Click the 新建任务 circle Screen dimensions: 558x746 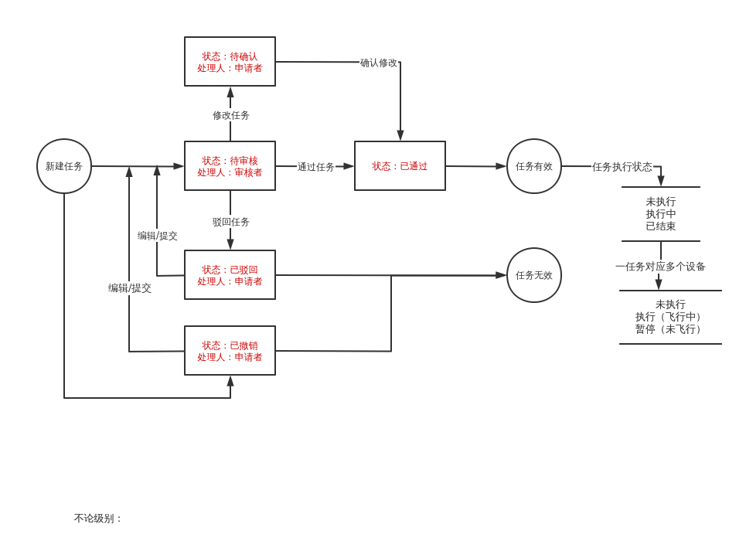point(64,166)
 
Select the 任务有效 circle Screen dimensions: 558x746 point(534,166)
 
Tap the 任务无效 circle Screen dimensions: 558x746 point(534,275)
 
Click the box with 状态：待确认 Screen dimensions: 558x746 point(230,62)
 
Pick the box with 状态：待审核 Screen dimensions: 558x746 point(230,166)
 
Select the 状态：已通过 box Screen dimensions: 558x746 point(400,166)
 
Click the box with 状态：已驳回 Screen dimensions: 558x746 point(230,275)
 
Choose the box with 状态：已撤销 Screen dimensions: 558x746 point(230,351)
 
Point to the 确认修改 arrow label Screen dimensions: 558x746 point(379,63)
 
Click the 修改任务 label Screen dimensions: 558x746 point(231,115)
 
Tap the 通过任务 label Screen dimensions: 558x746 point(316,167)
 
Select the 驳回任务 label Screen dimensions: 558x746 point(231,222)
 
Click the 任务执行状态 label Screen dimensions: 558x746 point(622,167)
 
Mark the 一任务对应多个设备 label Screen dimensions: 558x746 point(660,267)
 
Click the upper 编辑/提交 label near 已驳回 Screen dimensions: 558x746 point(158,236)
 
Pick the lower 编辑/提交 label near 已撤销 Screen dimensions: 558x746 point(130,288)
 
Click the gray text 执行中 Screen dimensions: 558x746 point(661,214)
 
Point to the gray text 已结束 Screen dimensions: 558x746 point(661,226)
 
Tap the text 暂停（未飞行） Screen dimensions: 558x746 point(670,329)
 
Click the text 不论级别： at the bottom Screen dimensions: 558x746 point(98,519)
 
